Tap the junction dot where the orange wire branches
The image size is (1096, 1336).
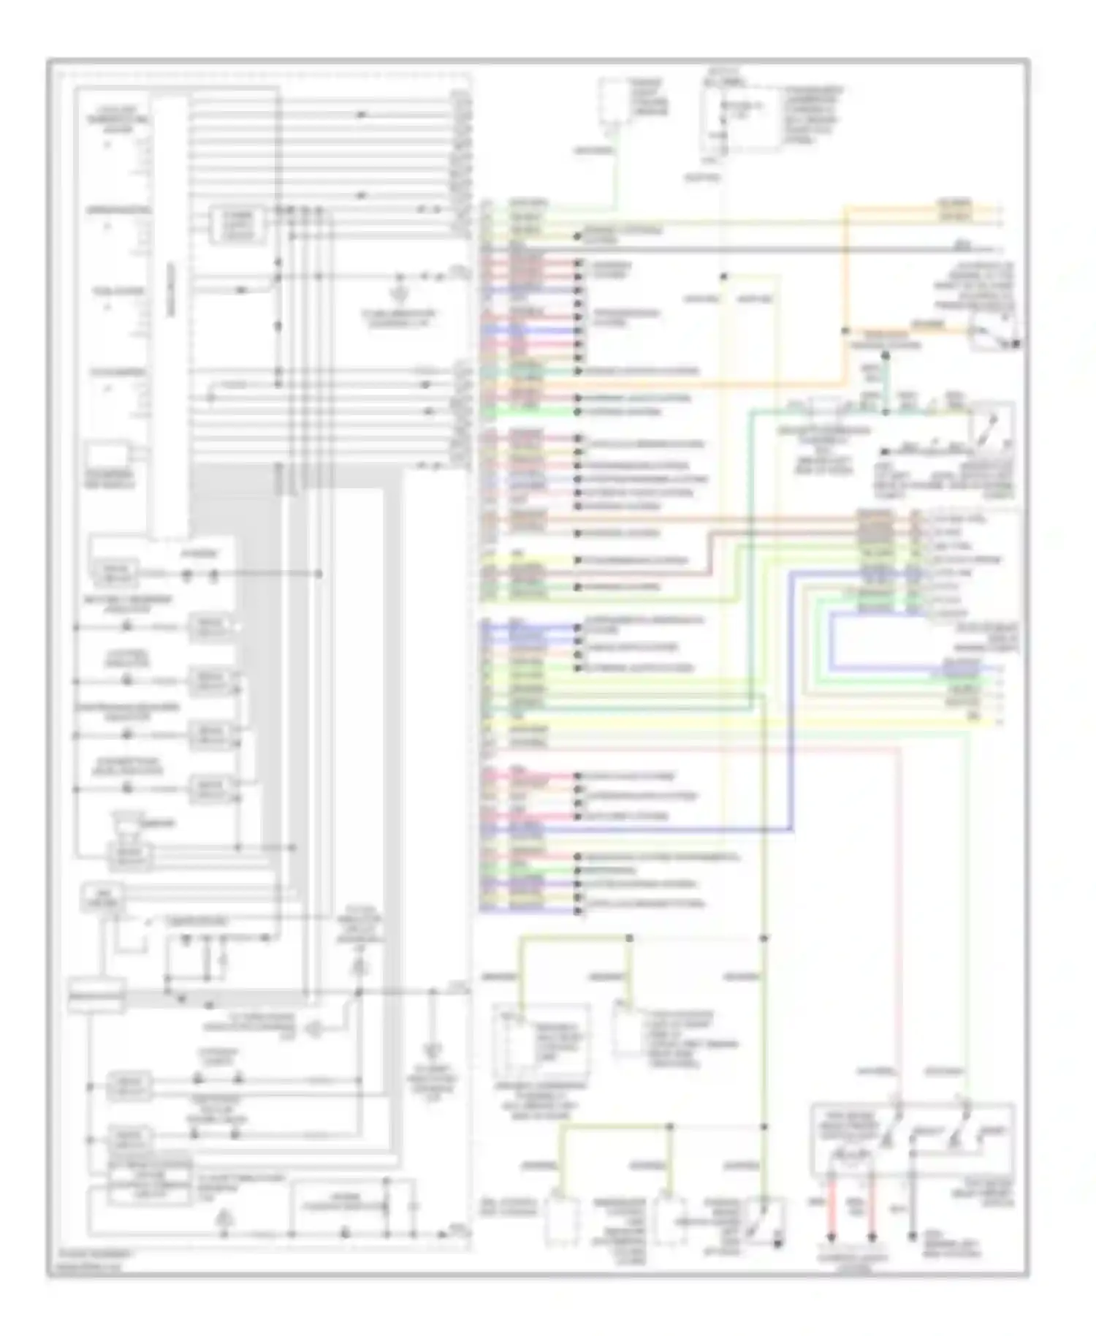tap(846, 330)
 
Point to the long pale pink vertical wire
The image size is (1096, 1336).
tap(899, 914)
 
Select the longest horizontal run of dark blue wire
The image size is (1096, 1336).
tap(658, 830)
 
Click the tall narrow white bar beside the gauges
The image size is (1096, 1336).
tap(170, 314)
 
